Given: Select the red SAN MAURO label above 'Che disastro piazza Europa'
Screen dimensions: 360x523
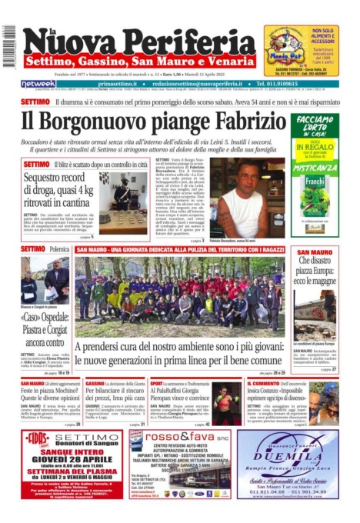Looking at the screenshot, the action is (x=315, y=252).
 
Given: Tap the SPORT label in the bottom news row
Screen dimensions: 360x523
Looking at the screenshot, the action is (x=157, y=382).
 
